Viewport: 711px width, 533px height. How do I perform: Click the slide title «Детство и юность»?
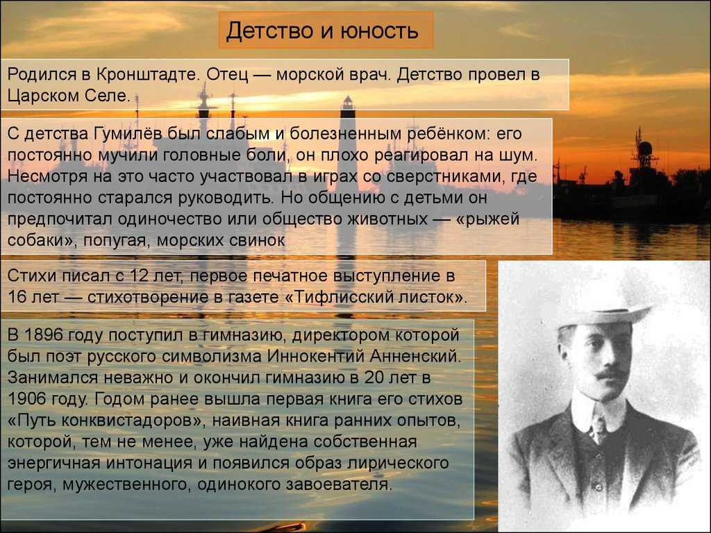click(x=322, y=31)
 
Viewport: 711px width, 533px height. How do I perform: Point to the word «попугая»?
click(x=116, y=240)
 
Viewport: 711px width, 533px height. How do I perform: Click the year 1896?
click(x=44, y=335)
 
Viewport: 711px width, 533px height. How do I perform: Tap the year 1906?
click(x=27, y=399)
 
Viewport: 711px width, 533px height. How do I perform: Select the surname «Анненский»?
click(x=415, y=356)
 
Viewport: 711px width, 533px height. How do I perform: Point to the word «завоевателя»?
click(x=337, y=484)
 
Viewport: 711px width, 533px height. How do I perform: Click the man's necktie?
click(x=598, y=427)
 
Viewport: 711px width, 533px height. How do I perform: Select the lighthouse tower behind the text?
click(x=347, y=144)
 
